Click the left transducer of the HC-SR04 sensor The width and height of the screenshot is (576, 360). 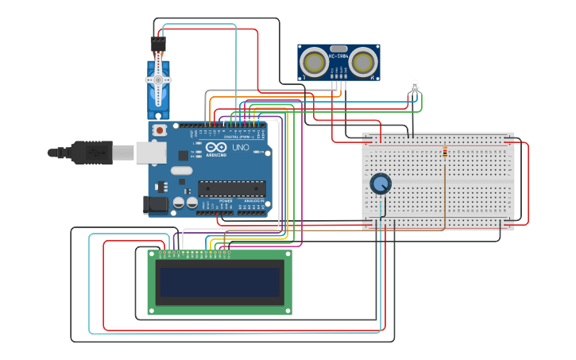314,61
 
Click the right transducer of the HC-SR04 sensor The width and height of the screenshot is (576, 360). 363,61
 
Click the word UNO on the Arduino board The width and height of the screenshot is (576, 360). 240,147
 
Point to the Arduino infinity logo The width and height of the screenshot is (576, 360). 216,147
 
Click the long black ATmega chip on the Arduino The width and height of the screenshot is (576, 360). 231,188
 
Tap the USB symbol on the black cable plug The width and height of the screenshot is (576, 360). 94,151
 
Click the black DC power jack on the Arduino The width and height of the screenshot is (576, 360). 157,204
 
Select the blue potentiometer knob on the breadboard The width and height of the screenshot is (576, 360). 381,184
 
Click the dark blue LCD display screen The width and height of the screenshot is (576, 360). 218,282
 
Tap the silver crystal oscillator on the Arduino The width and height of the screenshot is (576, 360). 181,170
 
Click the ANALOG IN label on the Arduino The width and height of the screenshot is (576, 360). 253,201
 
